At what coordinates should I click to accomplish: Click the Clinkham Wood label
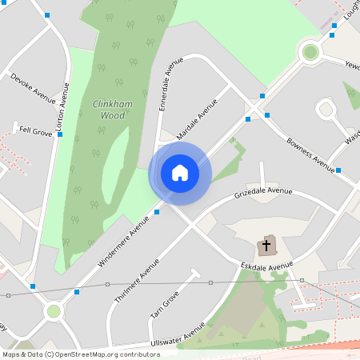coord(110,110)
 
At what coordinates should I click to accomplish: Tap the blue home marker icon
coord(180,172)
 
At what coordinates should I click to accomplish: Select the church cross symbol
coord(266,245)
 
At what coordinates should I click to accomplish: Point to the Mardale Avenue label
coord(197,120)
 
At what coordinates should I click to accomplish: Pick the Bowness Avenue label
coord(310,155)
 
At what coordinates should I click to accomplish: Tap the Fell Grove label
coord(36,131)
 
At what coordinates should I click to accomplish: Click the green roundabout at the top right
coord(310,53)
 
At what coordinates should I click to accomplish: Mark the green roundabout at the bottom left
coord(54,310)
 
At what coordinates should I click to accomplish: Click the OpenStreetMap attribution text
coord(81,354)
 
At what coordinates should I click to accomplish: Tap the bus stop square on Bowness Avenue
coord(338,170)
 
